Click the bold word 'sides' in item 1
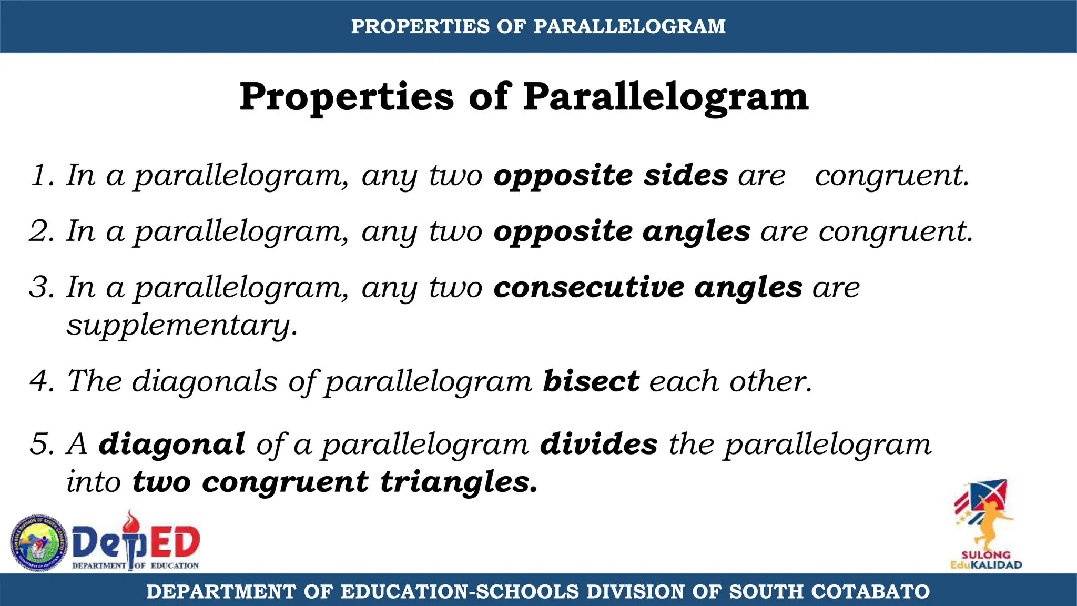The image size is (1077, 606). (x=686, y=175)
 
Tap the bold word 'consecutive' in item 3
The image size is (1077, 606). (x=589, y=287)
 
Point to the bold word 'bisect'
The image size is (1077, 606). (x=591, y=381)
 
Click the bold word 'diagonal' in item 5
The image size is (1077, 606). (x=172, y=444)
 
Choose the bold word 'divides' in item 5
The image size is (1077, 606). (x=599, y=444)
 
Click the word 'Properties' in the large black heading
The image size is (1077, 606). (x=347, y=97)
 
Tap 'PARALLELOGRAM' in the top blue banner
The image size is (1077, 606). (x=629, y=26)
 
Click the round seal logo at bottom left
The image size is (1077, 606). (x=39, y=543)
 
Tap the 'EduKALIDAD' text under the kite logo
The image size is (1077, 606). (x=986, y=565)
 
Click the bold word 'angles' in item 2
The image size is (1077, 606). (x=696, y=231)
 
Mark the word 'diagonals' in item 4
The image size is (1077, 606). (x=205, y=381)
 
